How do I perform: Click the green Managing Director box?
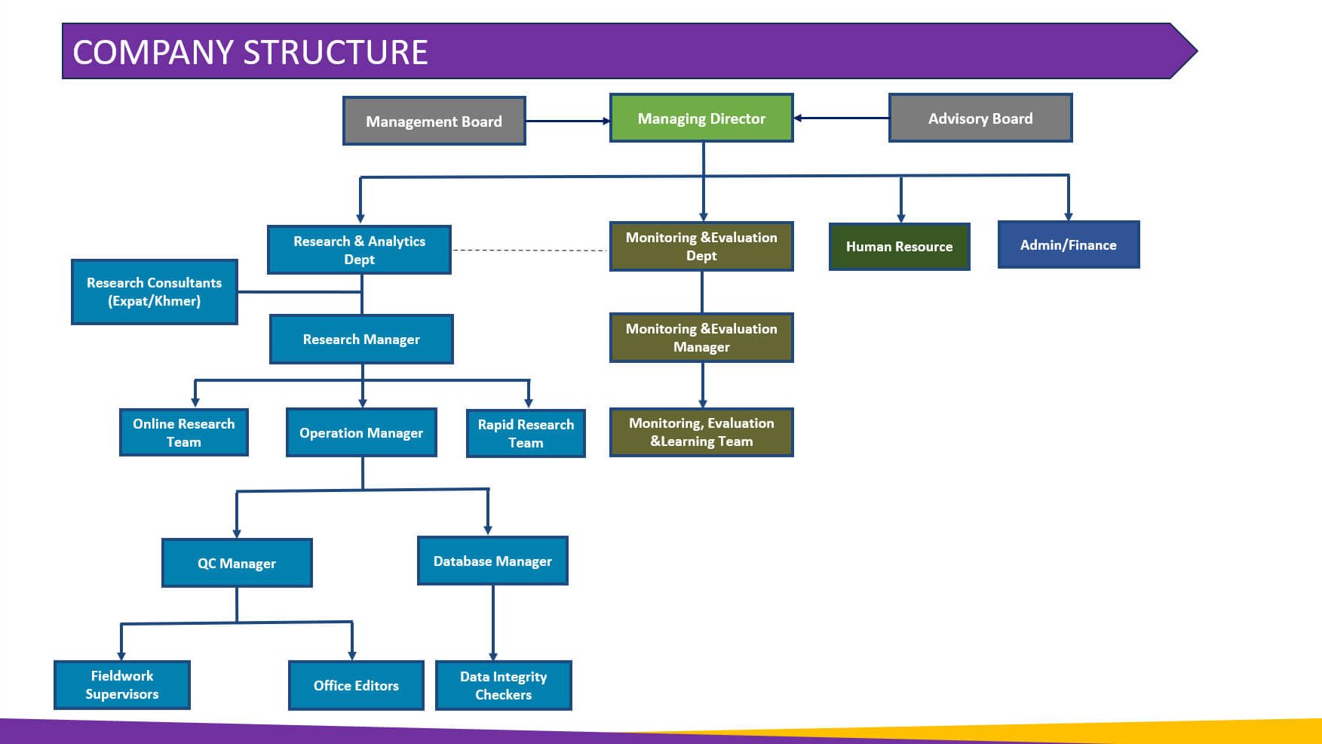pos(701,118)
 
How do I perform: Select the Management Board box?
pos(434,121)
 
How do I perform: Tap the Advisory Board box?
pos(980,118)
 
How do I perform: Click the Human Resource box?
pos(899,247)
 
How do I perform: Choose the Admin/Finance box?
pos(1068,244)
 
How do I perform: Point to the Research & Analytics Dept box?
pos(359,250)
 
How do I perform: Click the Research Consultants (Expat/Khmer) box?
pos(155,292)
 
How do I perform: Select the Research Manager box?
pos(361,340)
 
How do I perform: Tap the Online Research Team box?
pos(184,432)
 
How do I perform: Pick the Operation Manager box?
pos(361,433)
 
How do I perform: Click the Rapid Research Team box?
pos(526,433)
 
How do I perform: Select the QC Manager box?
pos(237,563)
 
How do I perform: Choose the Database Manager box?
pos(492,561)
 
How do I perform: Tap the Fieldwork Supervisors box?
pos(122,685)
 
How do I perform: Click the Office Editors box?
pos(356,685)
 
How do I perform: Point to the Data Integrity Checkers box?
pos(504,685)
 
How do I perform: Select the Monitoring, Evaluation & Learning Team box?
pos(701,432)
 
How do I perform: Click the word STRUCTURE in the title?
pos(336,52)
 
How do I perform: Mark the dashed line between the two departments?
pos(530,250)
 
